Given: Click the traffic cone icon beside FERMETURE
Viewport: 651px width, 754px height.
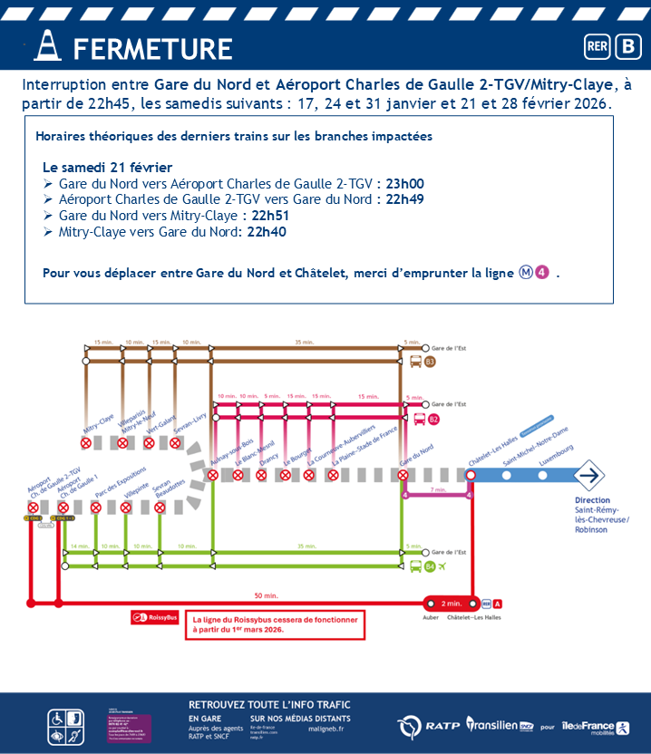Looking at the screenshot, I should coord(47,46).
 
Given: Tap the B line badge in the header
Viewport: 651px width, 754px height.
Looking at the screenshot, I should coord(627,46).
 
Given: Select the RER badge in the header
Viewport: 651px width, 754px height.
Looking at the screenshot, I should coord(598,46).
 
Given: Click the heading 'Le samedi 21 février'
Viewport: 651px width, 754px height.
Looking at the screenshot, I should coord(107,167).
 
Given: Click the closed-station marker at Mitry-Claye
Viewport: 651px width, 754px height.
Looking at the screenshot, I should coord(86,443).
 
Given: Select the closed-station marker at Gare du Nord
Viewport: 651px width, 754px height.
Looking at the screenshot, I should coord(403,475).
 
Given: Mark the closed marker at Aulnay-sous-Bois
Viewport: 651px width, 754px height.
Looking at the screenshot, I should coord(215,475).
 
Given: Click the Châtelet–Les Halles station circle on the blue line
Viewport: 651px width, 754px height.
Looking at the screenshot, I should coord(471,475).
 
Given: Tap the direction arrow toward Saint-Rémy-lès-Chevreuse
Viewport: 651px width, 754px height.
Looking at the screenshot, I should coord(590,475).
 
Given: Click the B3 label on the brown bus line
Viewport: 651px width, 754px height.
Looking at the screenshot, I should coord(430,362).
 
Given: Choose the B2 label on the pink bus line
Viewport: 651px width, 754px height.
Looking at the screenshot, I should coord(433,419).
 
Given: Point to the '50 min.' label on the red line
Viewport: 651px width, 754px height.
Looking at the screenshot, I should coord(266,595).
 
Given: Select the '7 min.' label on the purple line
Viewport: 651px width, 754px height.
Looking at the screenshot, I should coord(438,489).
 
